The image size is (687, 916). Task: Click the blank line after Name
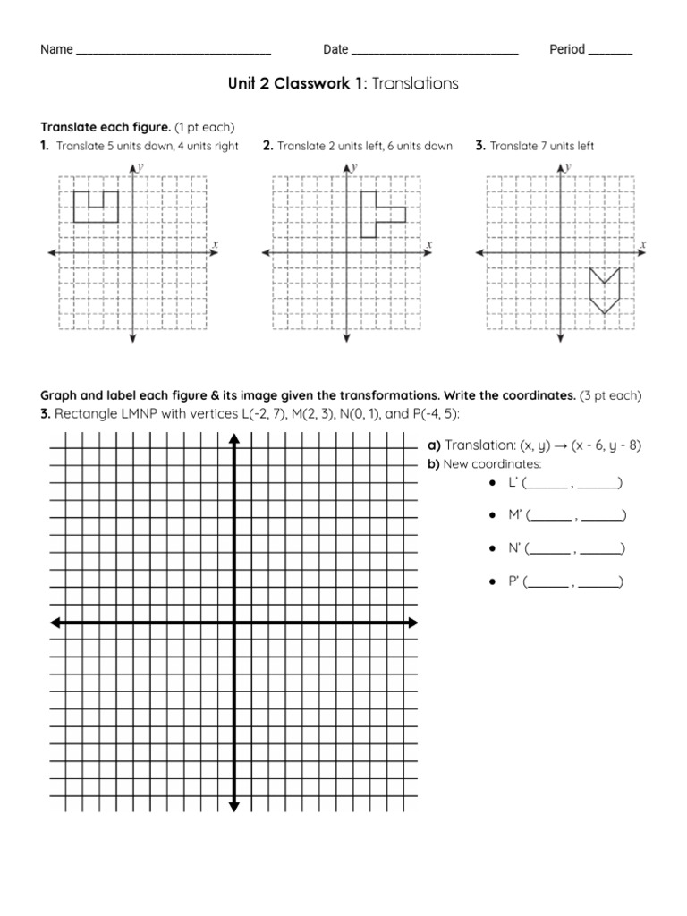point(174,52)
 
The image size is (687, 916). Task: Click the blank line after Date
point(435,52)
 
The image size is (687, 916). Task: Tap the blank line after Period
point(610,52)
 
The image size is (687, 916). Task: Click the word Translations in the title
point(414,83)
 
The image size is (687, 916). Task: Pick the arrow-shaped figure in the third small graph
point(605,290)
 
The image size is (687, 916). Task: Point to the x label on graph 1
point(215,243)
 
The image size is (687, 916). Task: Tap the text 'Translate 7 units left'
point(541,146)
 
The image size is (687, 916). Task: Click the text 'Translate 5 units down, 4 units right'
point(147,146)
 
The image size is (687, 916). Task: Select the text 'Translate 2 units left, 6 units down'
point(365,146)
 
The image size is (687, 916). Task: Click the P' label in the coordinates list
point(514,581)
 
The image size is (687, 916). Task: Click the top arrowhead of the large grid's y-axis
point(234,438)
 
